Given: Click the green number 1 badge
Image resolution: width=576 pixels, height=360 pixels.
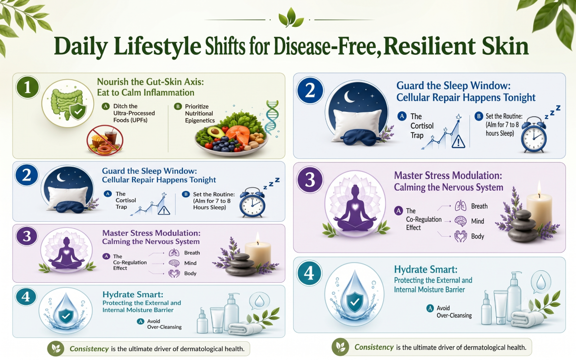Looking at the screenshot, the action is [27, 87].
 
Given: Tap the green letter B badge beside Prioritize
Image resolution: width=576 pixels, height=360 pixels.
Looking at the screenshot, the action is [178, 106].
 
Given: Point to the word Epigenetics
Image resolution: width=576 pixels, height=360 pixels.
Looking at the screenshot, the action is [200, 120].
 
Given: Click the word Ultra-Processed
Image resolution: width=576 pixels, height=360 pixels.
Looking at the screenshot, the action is [134, 113].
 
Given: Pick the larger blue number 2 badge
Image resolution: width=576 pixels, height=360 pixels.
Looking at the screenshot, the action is [310, 91].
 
